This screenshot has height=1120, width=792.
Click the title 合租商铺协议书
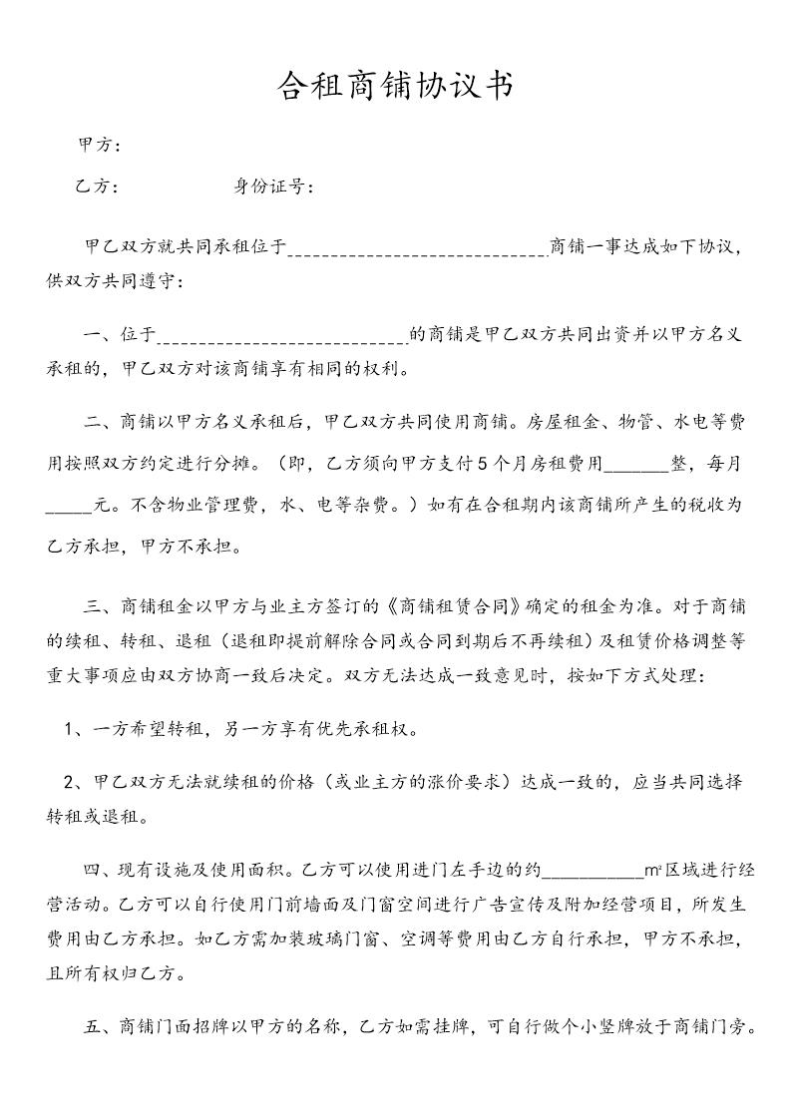[395, 87]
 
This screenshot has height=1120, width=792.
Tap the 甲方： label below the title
[100, 146]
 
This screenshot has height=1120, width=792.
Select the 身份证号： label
[275, 186]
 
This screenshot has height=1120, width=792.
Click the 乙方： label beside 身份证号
[98, 186]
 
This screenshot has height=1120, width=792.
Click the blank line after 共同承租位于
[417, 249]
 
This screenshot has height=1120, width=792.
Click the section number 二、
[102, 423]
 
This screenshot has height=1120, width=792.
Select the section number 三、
[102, 606]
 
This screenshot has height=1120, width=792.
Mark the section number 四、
[102, 871]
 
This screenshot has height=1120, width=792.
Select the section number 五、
[102, 1026]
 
